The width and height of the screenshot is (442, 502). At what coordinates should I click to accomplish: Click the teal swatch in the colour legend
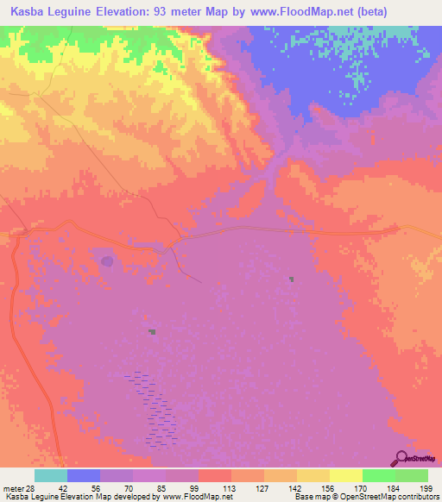(x=51, y=475)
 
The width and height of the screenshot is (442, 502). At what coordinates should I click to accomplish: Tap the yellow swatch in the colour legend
(x=346, y=475)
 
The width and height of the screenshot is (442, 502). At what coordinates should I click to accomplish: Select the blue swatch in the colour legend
(x=84, y=475)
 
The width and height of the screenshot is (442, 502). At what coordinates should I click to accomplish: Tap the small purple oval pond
(x=106, y=260)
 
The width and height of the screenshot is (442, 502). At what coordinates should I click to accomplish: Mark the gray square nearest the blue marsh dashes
(x=152, y=331)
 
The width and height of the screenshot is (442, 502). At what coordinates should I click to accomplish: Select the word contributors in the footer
(x=416, y=497)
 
